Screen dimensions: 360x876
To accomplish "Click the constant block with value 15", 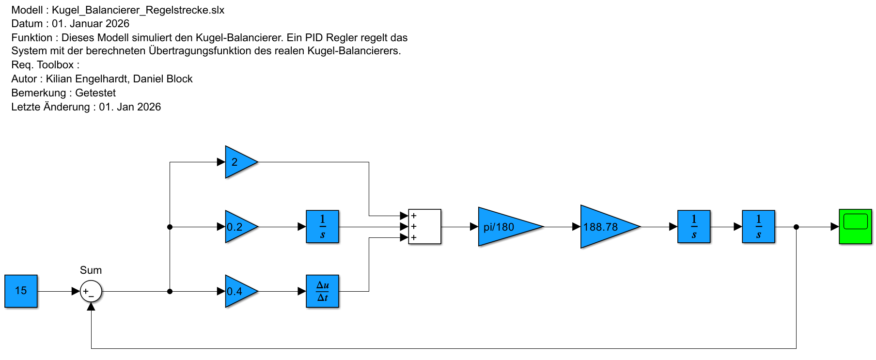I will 21,291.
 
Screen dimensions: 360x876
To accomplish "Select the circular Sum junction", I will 91,291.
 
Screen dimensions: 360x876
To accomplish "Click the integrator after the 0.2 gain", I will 322,227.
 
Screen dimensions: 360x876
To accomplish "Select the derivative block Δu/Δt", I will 322,291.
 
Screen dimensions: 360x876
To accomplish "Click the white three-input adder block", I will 424,227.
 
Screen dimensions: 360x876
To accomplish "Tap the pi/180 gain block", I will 504,227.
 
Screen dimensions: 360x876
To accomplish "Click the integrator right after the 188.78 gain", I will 694,227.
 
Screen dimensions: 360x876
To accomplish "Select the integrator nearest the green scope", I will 758,227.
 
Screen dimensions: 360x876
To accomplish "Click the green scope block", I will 855,226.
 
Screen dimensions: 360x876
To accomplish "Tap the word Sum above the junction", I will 91,270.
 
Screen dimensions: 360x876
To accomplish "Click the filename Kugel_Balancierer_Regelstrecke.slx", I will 138,10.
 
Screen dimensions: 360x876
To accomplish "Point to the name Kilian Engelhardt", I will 87,79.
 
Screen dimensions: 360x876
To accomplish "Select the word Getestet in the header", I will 95,93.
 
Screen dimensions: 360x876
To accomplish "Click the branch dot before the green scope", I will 796,227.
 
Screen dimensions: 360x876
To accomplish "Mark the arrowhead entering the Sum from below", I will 91,306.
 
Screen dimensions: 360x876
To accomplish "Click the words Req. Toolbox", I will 43,65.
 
